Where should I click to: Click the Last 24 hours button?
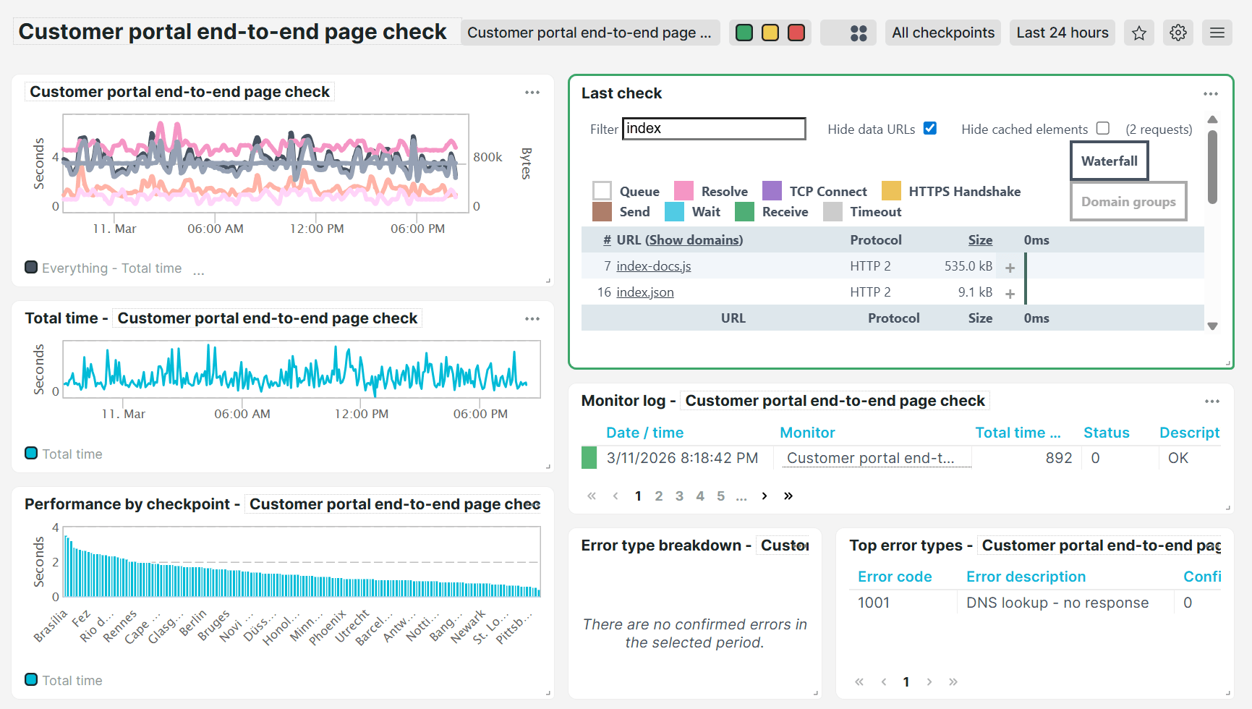(1062, 33)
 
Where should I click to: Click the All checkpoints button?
(942, 33)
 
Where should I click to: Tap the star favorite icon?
(1139, 33)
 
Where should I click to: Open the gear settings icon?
(1178, 33)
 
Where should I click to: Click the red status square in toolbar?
(796, 33)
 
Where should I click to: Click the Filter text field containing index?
(713, 129)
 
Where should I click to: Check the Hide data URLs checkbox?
(930, 128)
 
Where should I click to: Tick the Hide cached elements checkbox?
(1103, 128)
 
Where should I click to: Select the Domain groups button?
(1128, 202)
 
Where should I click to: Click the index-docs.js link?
(653, 266)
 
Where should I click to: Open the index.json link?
(644, 292)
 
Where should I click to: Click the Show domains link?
(694, 240)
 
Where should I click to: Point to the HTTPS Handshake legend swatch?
(892, 191)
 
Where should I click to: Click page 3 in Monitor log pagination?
(679, 496)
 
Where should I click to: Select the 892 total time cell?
(1058, 458)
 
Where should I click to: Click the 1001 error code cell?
(874, 603)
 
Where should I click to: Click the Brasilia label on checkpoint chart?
(51, 626)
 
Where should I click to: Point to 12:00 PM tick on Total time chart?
(361, 414)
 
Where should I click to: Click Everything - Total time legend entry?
(111, 268)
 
